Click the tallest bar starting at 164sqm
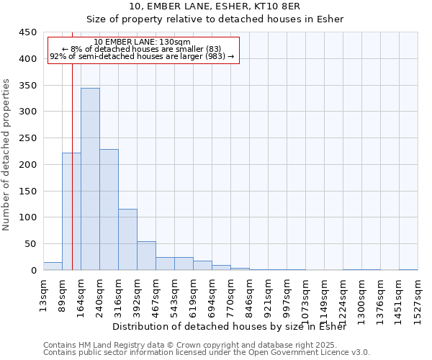coord(90,179)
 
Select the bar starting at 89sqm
coord(71,212)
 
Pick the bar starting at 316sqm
coord(127,240)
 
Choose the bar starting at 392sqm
coord(146,256)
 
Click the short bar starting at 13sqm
coord(53,266)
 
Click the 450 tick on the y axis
coord(27,32)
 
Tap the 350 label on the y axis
coord(27,86)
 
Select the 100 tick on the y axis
coord(27,217)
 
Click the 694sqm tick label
coord(212,296)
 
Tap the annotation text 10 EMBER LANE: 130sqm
coord(142,42)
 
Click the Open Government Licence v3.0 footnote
coord(207,353)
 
